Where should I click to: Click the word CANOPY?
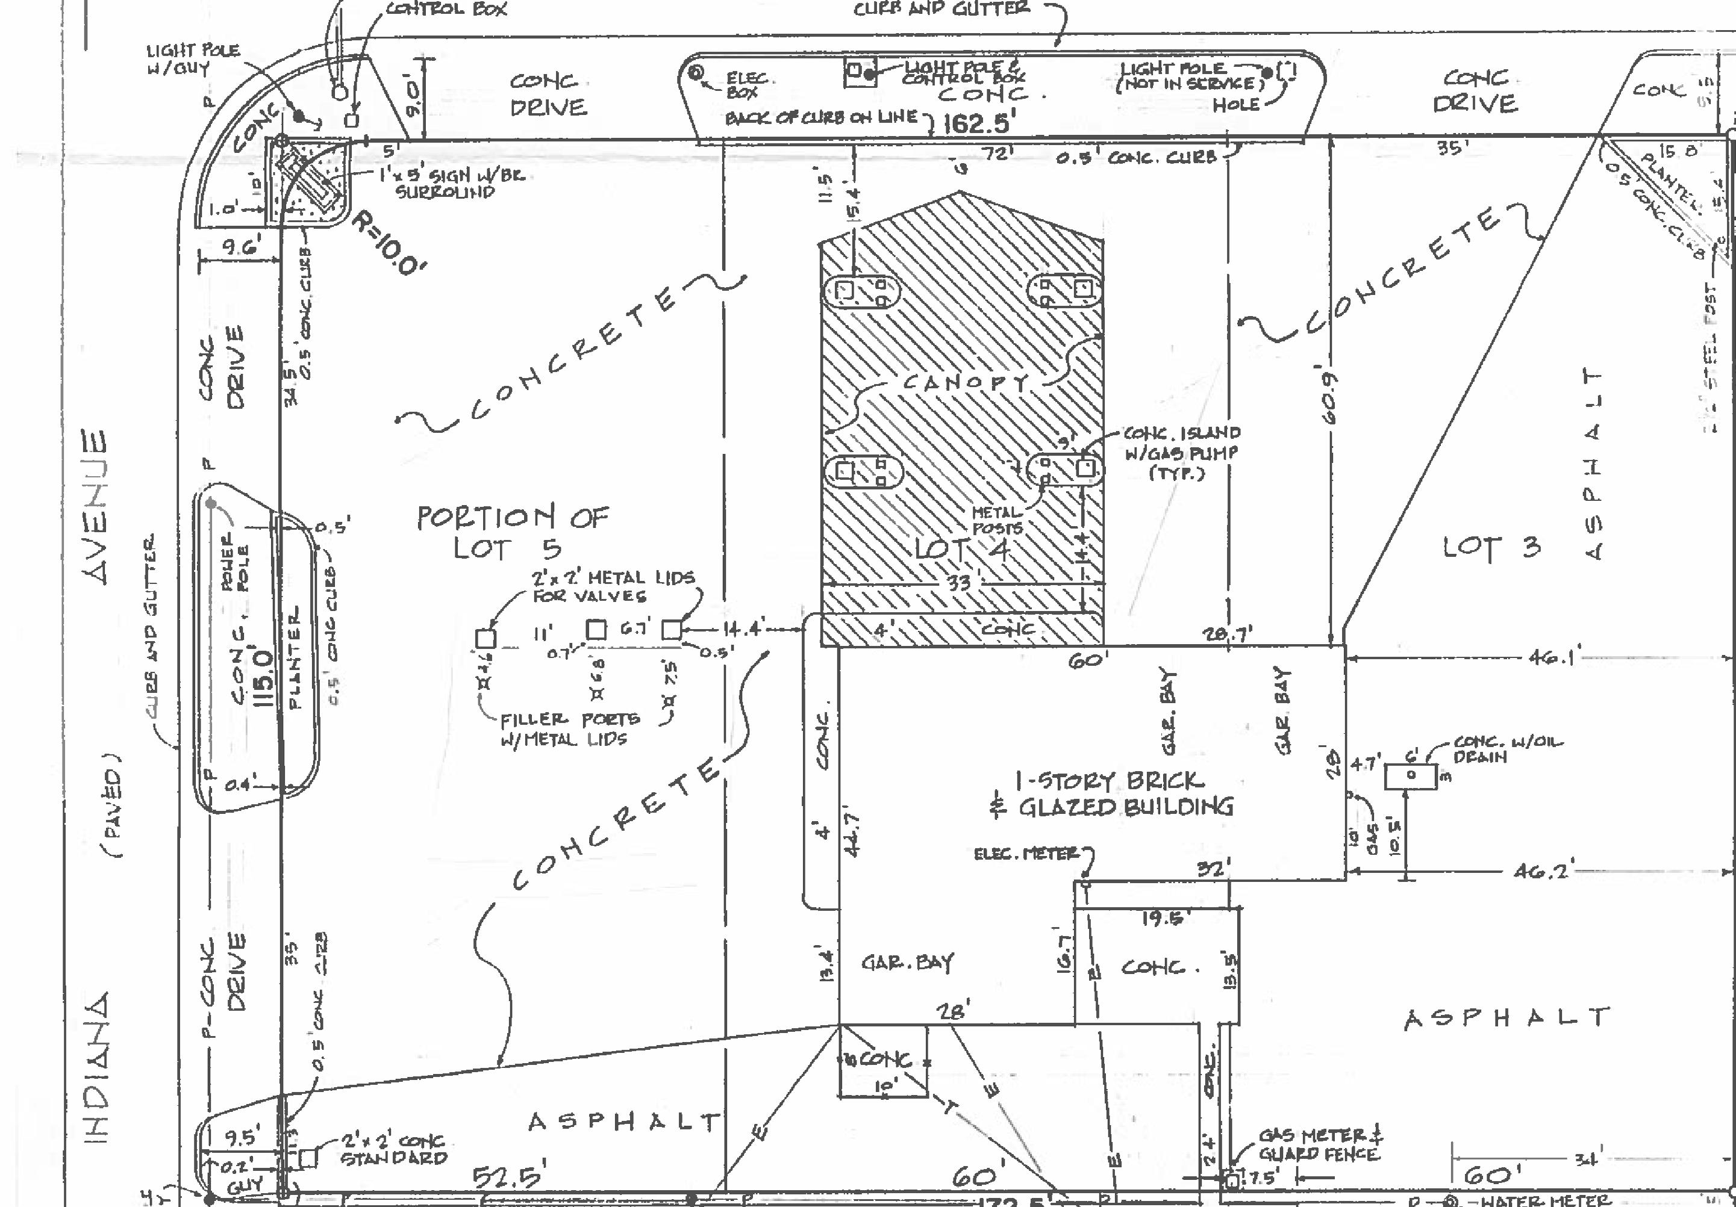click(965, 382)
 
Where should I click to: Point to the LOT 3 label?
click(1490, 547)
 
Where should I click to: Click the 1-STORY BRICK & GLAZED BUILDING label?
click(1111, 793)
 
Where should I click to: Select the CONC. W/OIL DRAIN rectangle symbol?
click(1411, 776)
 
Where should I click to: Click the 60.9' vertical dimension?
click(1332, 396)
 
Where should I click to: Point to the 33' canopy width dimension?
click(960, 583)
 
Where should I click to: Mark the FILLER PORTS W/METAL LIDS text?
click(569, 728)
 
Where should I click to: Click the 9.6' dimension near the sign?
click(241, 246)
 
